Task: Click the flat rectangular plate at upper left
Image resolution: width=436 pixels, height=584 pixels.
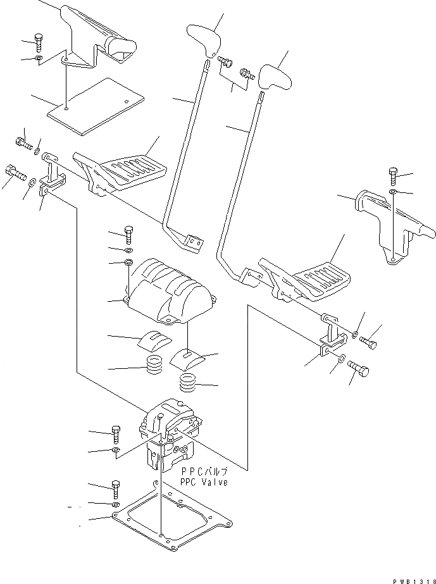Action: coord(95,106)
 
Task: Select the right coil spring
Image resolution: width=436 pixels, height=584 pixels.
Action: coord(187,383)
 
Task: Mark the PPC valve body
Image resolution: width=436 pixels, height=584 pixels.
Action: coord(169,437)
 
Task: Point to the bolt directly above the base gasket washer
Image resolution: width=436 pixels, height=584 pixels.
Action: coord(116,489)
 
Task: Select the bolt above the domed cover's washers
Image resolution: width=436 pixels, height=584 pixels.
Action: coord(129,235)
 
